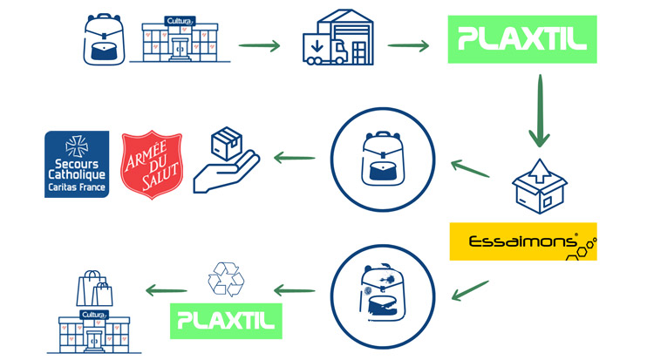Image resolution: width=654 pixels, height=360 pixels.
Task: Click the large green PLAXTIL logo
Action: (x=521, y=39)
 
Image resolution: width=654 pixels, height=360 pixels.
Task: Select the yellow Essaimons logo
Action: (x=524, y=241)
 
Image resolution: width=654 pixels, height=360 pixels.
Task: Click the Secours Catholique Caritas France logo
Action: (x=77, y=164)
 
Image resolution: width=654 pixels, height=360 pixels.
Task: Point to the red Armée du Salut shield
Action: (x=152, y=164)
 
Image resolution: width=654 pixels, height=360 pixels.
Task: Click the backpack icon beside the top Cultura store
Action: (x=104, y=39)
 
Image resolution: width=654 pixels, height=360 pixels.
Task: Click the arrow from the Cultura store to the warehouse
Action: (x=259, y=45)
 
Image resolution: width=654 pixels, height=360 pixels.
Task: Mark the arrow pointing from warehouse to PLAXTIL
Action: (x=409, y=45)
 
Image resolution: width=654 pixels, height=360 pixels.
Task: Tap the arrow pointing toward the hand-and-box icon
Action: (x=296, y=158)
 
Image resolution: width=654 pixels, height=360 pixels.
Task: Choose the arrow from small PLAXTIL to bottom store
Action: (x=166, y=290)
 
